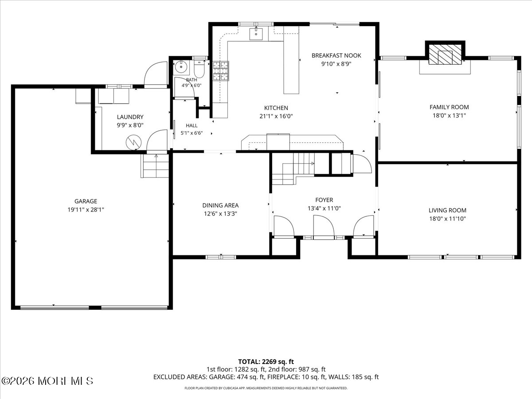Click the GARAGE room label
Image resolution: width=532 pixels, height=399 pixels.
86,201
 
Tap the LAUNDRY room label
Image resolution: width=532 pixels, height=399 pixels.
130,117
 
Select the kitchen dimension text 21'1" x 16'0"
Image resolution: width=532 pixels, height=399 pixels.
276,116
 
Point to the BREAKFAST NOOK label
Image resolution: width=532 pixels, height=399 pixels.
336,55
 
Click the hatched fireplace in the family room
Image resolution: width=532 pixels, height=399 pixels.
445,55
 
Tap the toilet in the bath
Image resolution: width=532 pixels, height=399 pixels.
199,69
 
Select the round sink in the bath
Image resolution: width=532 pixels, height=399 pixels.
181,67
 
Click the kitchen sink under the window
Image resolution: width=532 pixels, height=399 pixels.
256,34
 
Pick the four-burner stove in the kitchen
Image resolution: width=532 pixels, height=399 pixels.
221,71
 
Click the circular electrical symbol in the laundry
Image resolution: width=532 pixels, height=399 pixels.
133,142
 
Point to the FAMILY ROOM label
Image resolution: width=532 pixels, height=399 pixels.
449,107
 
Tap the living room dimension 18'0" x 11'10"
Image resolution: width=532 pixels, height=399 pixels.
447,219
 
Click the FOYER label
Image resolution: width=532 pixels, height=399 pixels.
324,200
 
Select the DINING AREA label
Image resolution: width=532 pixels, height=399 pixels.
220,205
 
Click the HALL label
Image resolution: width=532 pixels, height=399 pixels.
192,125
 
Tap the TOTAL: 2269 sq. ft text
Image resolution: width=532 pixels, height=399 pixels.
266,362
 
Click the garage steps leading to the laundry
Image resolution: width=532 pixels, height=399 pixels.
155,166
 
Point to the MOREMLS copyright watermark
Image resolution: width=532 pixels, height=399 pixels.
47,381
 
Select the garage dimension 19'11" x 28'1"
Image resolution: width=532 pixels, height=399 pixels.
86,210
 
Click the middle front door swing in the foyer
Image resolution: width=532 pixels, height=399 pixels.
324,227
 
